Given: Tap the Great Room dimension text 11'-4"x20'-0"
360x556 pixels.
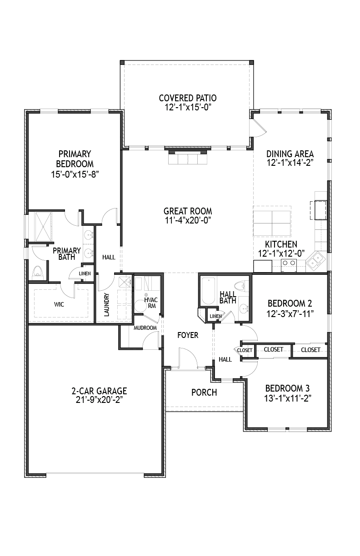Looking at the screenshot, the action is click(188, 220).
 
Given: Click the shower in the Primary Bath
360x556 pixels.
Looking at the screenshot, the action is click(44, 226).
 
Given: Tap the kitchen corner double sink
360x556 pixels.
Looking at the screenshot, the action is click(315, 261).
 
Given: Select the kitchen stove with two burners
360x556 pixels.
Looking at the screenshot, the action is click(289, 263).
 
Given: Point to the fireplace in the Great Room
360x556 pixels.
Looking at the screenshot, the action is click(188, 156).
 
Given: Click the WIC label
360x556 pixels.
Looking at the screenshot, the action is click(59, 304).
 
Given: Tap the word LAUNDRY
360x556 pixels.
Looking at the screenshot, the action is click(107, 304).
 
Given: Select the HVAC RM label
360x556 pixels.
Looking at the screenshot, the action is click(151, 303).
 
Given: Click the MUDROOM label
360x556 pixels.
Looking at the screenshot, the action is click(145, 328).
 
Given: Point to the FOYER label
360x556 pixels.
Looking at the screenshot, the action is click(188, 335).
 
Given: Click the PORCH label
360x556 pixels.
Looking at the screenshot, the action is click(204, 392).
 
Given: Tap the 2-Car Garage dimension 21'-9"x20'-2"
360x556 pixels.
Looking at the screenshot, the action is click(100, 400).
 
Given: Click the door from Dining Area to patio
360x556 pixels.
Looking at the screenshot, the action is click(258, 127).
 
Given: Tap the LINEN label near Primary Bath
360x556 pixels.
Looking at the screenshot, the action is click(85, 273).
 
